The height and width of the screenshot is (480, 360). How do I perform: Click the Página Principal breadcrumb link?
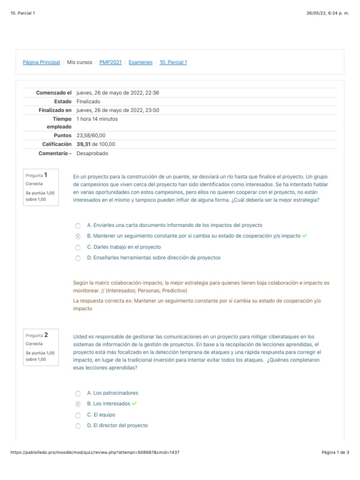pyautogui.click(x=41, y=62)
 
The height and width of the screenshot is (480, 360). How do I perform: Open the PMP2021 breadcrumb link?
pyautogui.click(x=110, y=62)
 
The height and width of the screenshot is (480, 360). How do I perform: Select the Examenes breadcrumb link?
pyautogui.click(x=140, y=62)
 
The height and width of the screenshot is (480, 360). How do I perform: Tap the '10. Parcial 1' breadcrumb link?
pyautogui.click(x=173, y=62)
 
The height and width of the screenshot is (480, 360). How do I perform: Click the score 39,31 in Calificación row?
pyautogui.click(x=83, y=144)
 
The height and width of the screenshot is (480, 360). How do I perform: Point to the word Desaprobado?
pyautogui.click(x=92, y=153)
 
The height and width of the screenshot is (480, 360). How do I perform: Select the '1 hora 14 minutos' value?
pyautogui.click(x=97, y=119)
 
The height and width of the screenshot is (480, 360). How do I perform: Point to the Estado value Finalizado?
pyautogui.click(x=88, y=102)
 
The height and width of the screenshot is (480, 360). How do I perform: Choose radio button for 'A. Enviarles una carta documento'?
pyautogui.click(x=78, y=225)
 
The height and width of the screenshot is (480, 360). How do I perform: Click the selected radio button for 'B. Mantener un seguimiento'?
pyautogui.click(x=78, y=236)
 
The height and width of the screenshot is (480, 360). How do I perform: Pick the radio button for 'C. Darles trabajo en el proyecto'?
pyautogui.click(x=78, y=247)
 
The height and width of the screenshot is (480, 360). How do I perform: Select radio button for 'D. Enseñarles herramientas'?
pyautogui.click(x=78, y=258)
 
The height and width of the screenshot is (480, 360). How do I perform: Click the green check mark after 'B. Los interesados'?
pyautogui.click(x=135, y=404)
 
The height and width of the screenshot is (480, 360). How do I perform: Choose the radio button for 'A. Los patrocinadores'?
pyautogui.click(x=78, y=393)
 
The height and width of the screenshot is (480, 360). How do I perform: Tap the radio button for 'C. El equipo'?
pyautogui.click(x=78, y=415)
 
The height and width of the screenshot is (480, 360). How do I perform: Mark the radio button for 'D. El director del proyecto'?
pyautogui.click(x=78, y=426)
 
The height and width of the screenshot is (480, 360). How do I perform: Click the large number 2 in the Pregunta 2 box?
pyautogui.click(x=46, y=335)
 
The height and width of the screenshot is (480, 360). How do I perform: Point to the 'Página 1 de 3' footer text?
pyautogui.click(x=335, y=452)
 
